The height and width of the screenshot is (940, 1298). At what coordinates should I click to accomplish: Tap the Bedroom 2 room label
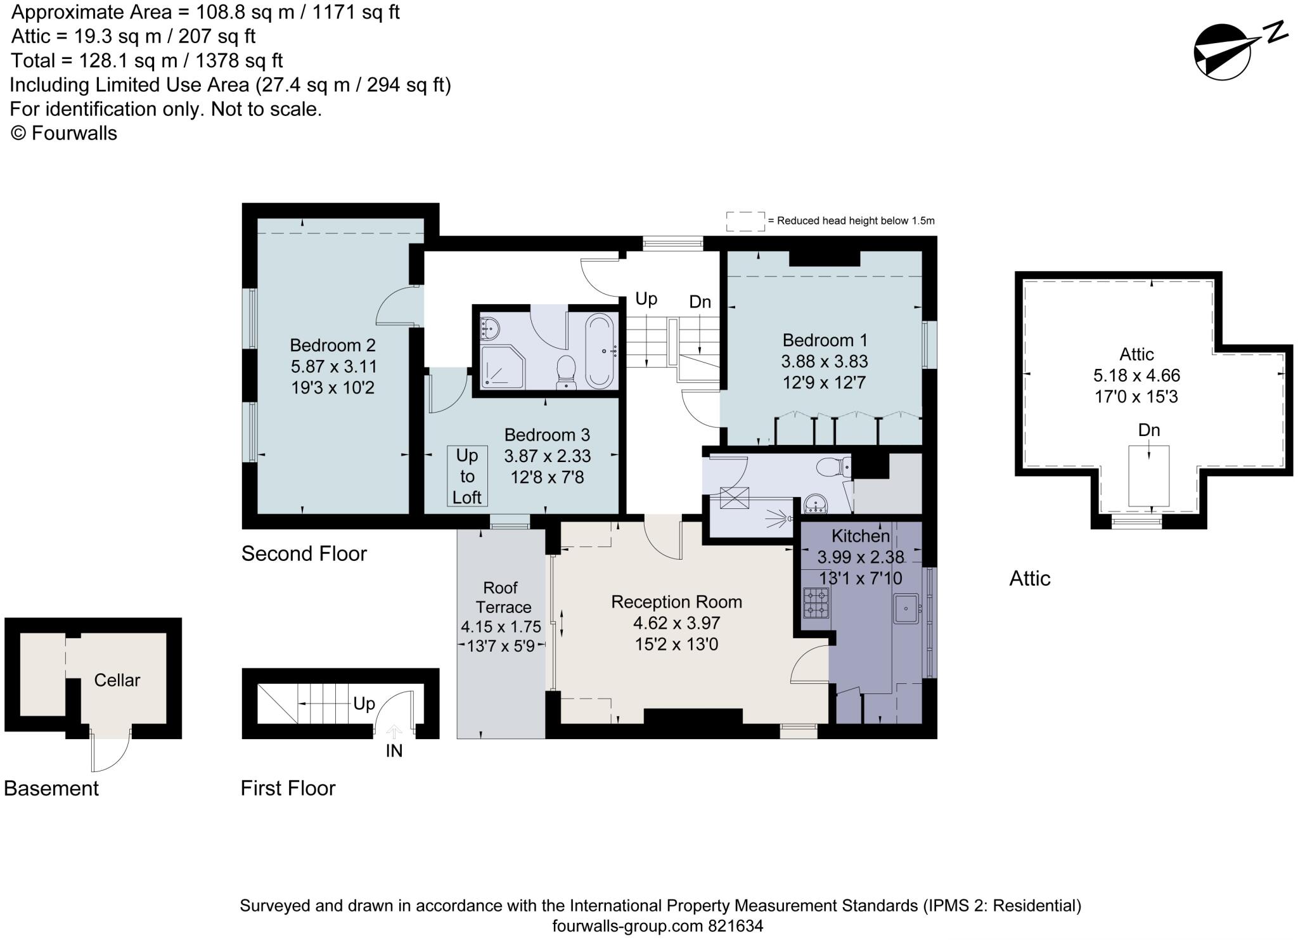[333, 345]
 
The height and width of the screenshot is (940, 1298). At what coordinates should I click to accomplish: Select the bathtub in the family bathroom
[600, 351]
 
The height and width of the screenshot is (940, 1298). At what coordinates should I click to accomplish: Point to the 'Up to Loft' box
[467, 476]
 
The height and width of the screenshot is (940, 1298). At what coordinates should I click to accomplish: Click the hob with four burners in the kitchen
[816, 603]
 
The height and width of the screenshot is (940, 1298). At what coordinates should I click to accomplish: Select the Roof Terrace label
[501, 597]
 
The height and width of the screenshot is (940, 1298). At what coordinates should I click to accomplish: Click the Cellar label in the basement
[117, 680]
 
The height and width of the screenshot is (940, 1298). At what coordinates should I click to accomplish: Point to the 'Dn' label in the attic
[1148, 430]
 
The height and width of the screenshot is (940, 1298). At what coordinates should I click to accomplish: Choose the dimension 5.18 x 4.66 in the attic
[1136, 375]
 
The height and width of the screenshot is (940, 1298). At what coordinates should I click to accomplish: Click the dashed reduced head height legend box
[745, 221]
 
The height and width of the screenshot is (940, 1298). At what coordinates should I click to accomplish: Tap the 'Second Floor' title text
[304, 554]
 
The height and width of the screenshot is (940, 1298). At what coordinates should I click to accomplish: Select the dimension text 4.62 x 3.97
[676, 623]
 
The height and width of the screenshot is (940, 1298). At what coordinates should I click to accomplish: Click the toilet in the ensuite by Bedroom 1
[833, 468]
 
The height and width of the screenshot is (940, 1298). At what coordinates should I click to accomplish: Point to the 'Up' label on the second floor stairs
[646, 299]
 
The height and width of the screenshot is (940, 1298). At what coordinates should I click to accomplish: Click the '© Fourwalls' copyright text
[64, 133]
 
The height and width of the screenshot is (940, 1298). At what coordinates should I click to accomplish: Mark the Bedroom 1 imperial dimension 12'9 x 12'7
[825, 383]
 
